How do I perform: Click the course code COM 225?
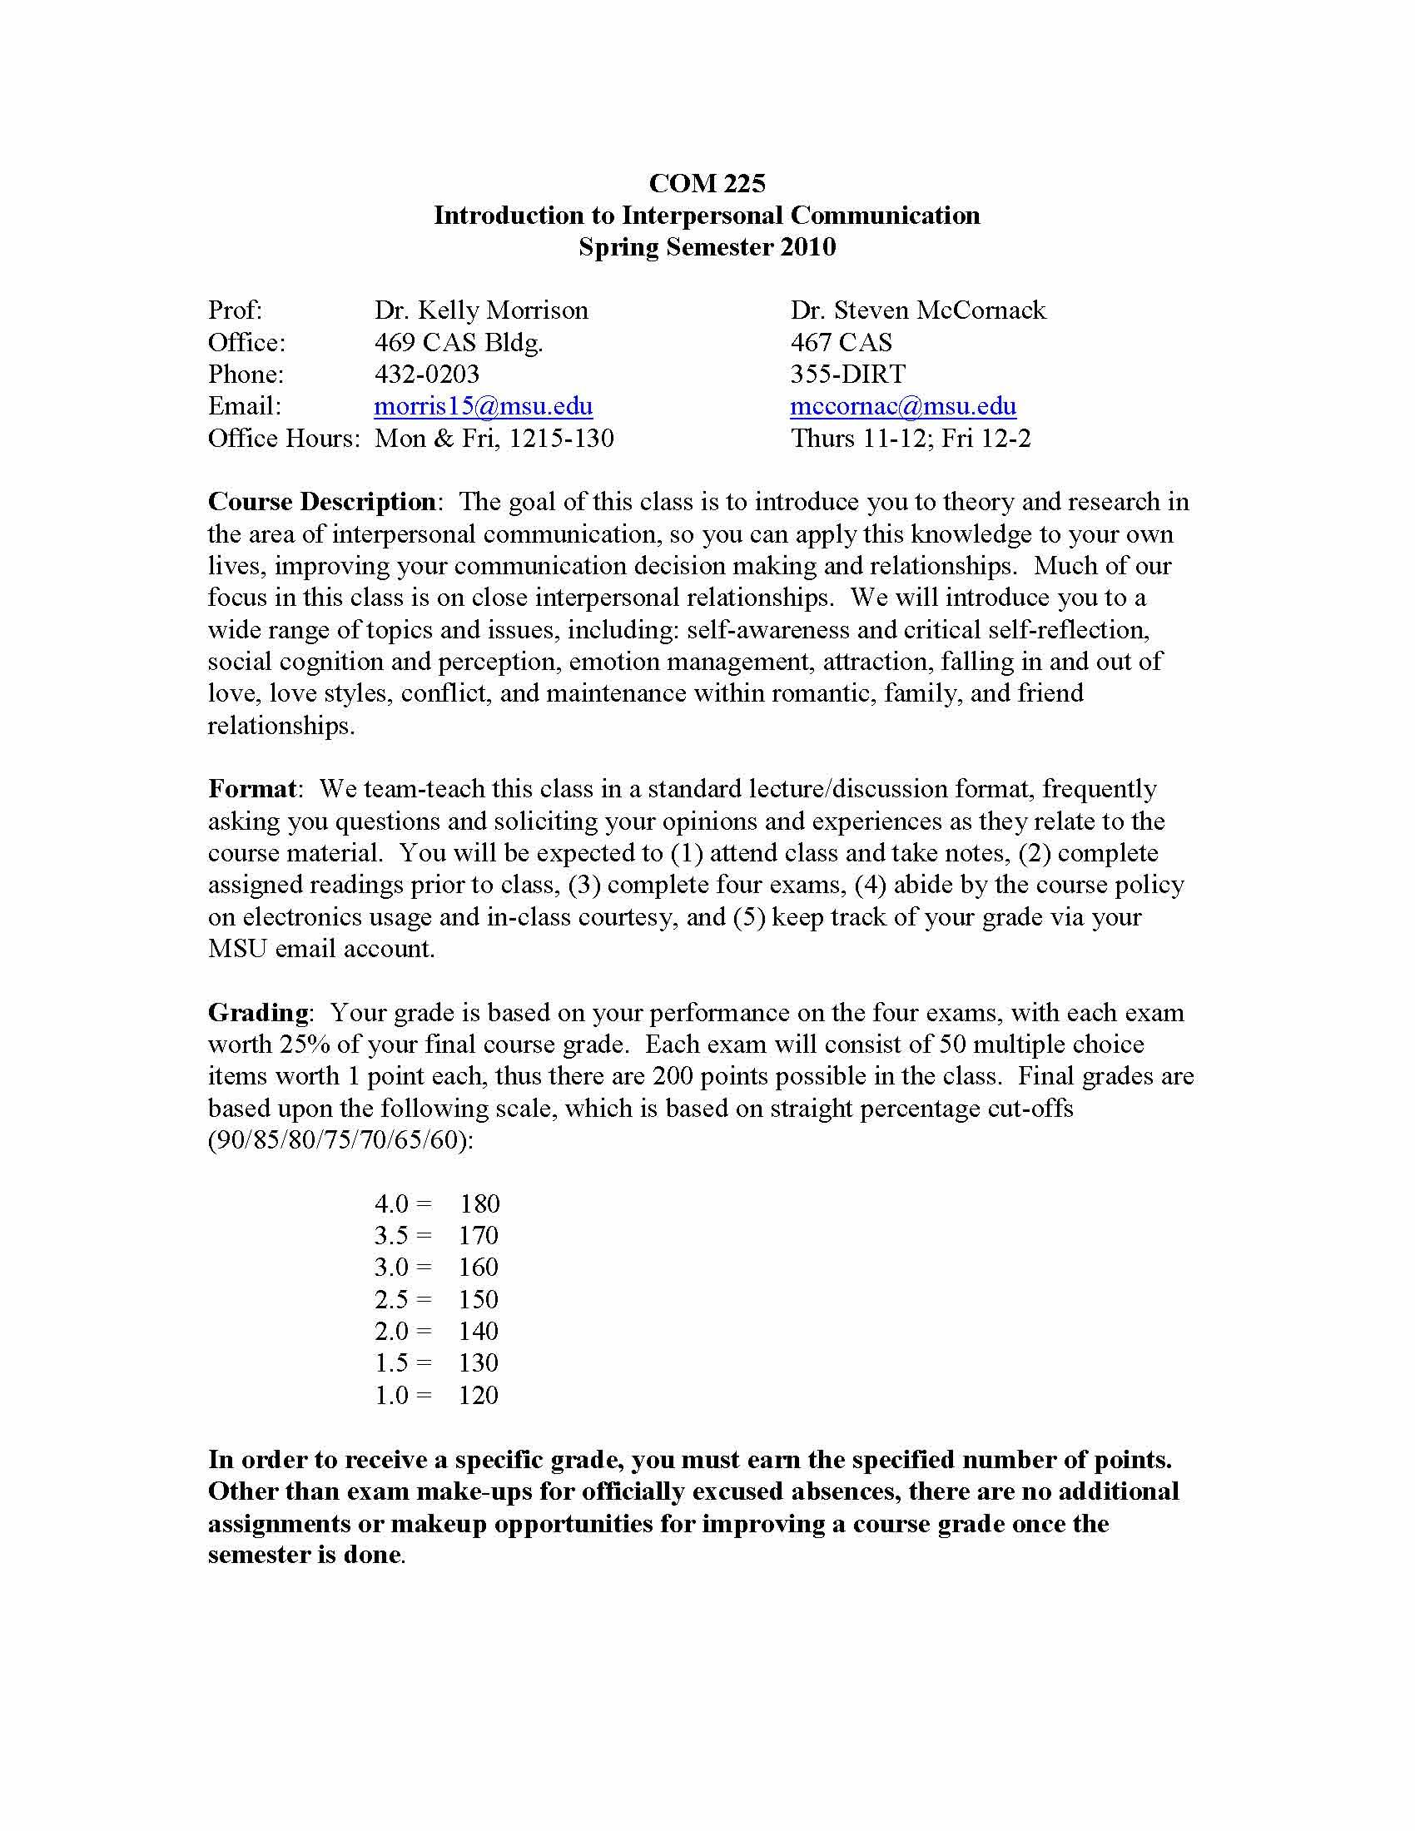point(707,183)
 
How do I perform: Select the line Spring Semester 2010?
point(707,246)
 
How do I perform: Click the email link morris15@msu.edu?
point(483,406)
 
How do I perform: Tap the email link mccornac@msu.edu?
point(903,406)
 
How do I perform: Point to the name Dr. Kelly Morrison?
point(481,310)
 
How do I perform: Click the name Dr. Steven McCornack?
point(918,310)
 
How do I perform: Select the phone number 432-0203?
point(427,374)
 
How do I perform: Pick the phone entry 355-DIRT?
point(847,374)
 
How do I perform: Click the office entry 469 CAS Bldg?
point(459,342)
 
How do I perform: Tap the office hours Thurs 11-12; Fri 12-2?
point(911,438)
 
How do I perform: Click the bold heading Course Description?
point(321,501)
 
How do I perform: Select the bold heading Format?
point(251,788)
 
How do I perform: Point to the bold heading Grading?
point(258,1012)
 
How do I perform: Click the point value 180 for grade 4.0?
point(479,1204)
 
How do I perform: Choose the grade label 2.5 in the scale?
point(391,1299)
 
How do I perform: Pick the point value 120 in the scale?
point(479,1395)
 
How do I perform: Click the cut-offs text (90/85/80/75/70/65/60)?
point(340,1140)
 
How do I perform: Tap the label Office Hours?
point(283,438)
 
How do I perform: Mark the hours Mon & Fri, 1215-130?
point(494,438)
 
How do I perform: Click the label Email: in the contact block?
point(245,406)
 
